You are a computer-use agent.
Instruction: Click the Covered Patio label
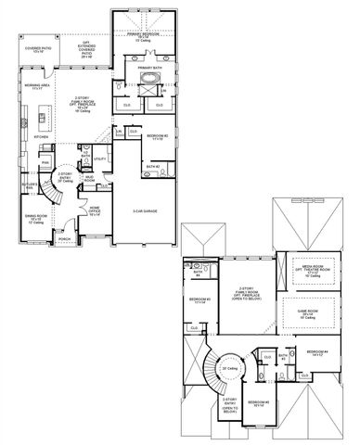point(37,48)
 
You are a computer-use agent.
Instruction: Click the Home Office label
point(95,212)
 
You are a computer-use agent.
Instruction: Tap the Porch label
point(64,238)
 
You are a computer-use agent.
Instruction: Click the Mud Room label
point(88,175)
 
